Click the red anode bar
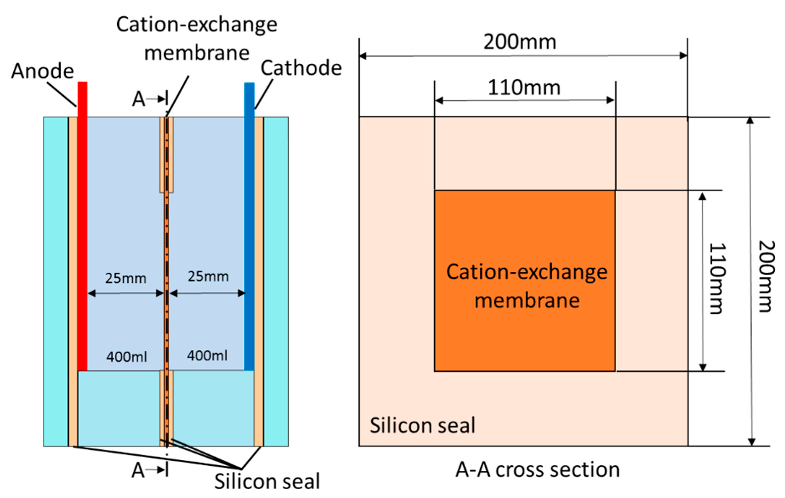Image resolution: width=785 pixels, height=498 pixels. coord(83,225)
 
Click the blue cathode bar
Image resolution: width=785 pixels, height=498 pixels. coord(249,225)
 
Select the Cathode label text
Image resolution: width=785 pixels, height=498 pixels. coord(301,68)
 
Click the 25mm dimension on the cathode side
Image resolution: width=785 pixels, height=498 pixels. coord(208,276)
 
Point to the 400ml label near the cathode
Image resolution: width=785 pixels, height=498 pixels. coord(207,355)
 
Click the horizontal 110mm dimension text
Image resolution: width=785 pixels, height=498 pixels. coord(524,88)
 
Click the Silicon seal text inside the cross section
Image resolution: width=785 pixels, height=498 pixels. coord(422,425)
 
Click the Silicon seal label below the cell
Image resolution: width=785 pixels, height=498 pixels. coord(267,481)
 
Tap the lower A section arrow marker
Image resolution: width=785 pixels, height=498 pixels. coord(150,470)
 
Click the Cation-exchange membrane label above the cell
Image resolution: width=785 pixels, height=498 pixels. coord(197,38)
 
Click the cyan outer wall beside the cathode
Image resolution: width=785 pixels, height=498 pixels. coord(276,280)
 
